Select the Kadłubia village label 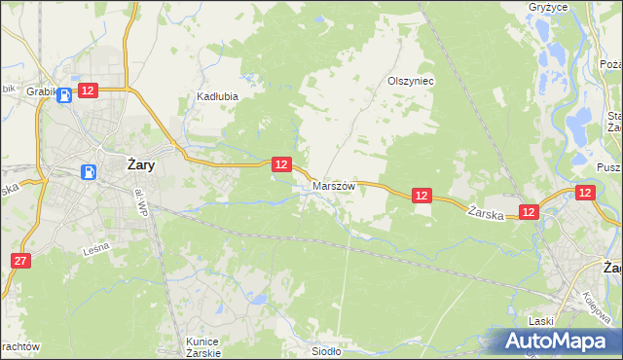coord(217,96)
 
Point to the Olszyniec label coord(410,82)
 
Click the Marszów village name coord(333,185)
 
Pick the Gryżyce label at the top coord(574,5)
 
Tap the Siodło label coord(326,351)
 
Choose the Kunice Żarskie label coord(203,346)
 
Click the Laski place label coord(541,320)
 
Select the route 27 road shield coord(20,260)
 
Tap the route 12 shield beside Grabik coord(88,90)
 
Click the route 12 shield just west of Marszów coord(280,164)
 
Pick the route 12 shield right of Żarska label coord(529,211)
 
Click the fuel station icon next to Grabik coord(64,94)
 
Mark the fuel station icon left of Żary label coord(89,172)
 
